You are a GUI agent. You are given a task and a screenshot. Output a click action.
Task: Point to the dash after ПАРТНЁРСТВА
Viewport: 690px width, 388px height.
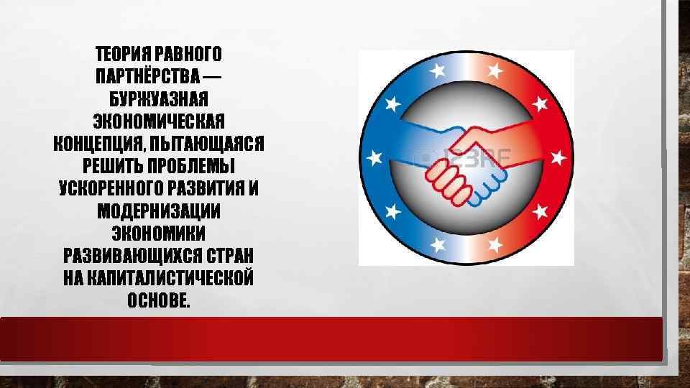click(x=213, y=75)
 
